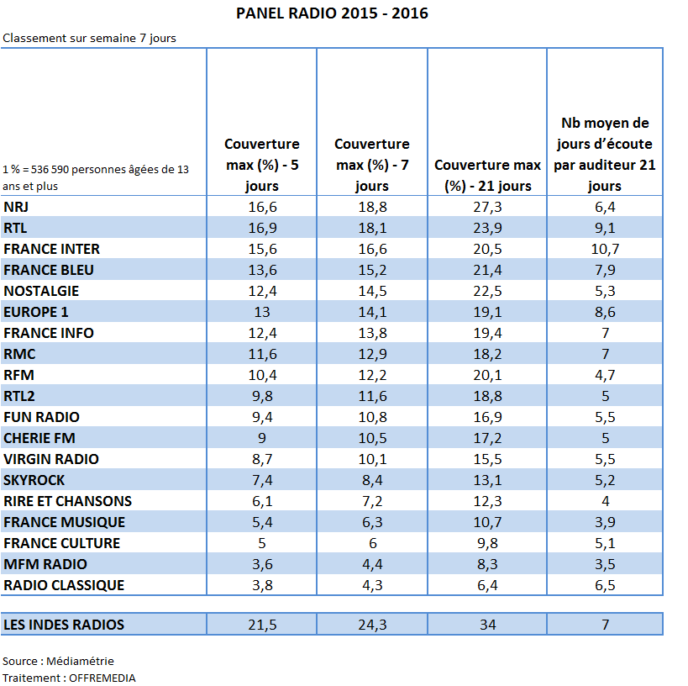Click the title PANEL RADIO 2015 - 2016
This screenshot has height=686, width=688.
[x=332, y=13]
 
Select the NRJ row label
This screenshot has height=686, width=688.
[x=16, y=207]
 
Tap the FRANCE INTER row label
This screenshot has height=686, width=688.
[x=52, y=249]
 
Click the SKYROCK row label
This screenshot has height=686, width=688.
[x=34, y=479]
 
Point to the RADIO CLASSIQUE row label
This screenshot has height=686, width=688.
[x=64, y=584]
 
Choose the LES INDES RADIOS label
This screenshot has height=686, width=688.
[x=64, y=624]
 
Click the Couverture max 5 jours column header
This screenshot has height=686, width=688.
[x=262, y=165]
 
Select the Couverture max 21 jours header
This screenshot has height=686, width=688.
[x=487, y=175]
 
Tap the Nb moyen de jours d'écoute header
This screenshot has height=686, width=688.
[x=605, y=154]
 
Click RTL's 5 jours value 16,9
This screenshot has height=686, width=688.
[x=262, y=228]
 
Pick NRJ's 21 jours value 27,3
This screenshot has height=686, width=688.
[x=487, y=207]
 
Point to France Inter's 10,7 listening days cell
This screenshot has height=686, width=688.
[x=605, y=249]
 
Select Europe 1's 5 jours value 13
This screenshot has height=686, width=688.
[x=262, y=311]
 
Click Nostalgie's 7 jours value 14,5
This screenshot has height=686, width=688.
[x=372, y=291]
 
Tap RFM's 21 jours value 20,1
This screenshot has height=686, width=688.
[x=487, y=375]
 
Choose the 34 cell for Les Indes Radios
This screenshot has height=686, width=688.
[x=487, y=624]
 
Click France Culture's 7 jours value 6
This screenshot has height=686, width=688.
[x=372, y=543]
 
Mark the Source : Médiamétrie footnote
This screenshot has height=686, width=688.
[x=58, y=661]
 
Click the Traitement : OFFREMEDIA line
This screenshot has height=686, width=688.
[x=69, y=678]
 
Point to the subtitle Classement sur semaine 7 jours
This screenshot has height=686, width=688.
[x=89, y=38]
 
